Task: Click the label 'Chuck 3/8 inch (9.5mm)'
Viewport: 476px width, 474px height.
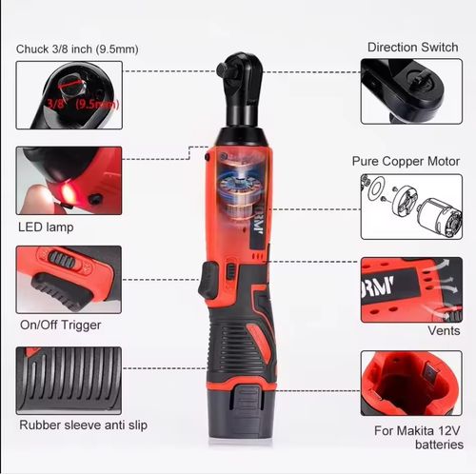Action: (77, 49)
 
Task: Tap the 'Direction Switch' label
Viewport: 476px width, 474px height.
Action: (412, 48)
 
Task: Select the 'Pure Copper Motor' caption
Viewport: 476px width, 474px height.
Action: (406, 161)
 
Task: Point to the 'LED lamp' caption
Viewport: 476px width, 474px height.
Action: (46, 227)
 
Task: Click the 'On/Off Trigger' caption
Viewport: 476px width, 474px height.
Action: (60, 325)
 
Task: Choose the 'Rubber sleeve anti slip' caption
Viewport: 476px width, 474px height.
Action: (84, 425)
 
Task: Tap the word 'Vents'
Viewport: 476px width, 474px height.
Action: (444, 330)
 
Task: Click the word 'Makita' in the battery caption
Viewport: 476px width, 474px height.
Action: (415, 430)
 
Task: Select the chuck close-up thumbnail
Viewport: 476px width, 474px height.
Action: (69, 95)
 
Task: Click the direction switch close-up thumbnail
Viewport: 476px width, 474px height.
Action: (411, 91)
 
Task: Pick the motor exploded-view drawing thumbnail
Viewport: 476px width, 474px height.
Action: (411, 207)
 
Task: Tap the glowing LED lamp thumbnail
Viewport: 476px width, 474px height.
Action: (69, 181)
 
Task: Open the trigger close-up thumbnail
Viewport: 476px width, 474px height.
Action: (69, 280)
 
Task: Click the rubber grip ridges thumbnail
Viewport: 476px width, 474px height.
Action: (69, 381)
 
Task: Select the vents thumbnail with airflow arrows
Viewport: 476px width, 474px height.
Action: (411, 290)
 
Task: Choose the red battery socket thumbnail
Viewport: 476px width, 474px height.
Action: (411, 384)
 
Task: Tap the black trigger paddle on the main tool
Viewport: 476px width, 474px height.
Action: (208, 281)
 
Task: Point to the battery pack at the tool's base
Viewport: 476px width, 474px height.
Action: (241, 412)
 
